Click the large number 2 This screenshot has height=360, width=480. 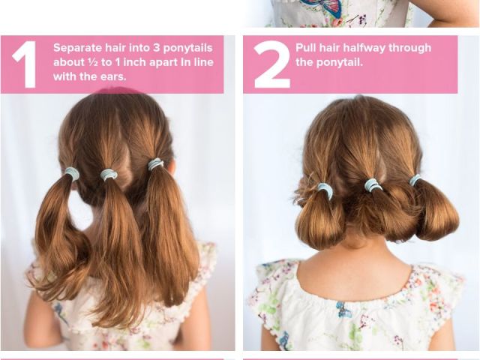point(271,64)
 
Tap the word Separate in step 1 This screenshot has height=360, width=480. point(78,48)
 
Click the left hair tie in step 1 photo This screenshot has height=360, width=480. point(72,173)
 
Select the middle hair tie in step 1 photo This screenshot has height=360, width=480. point(109,175)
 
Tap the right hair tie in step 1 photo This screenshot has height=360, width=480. point(155,164)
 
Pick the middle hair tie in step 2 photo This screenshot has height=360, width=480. point(371,185)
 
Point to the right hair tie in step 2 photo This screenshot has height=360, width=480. point(415,180)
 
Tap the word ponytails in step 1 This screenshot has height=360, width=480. point(187,48)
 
